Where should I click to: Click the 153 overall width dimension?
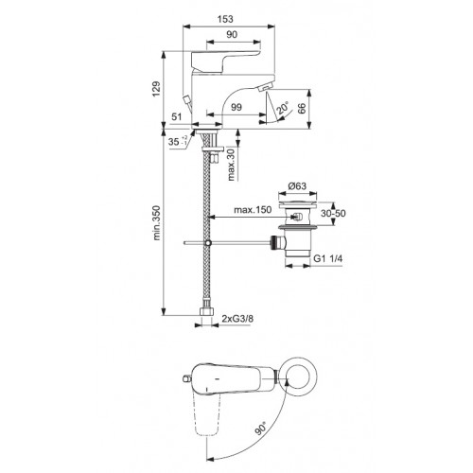pyautogui.click(x=225, y=19)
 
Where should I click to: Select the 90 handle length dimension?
pyautogui.click(x=232, y=34)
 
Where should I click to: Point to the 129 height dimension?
pyautogui.click(x=157, y=89)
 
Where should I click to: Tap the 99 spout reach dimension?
pyautogui.click(x=236, y=107)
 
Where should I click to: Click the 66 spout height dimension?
pyautogui.click(x=302, y=109)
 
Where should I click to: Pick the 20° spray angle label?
pyautogui.click(x=282, y=108)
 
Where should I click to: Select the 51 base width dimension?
pyautogui.click(x=177, y=116)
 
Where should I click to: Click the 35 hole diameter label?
pyautogui.click(x=178, y=142)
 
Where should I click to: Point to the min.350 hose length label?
pyautogui.click(x=157, y=223)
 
